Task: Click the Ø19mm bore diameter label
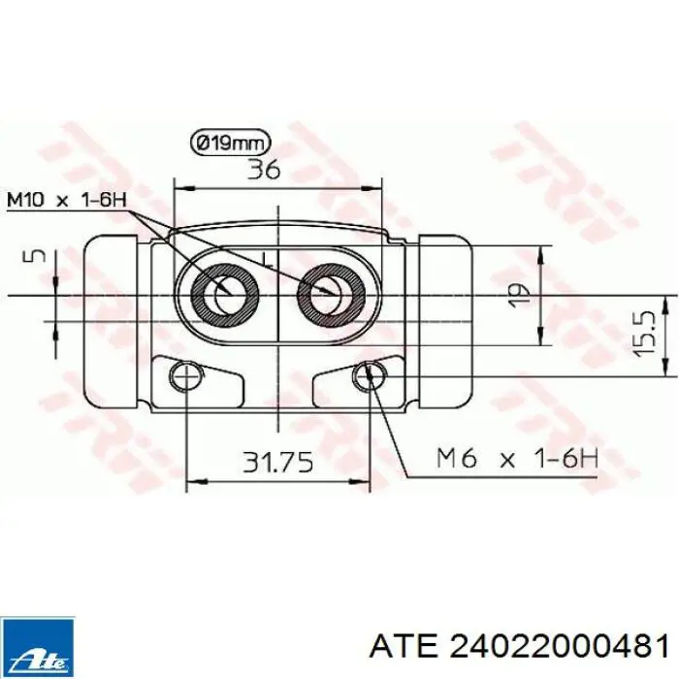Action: tap(231, 143)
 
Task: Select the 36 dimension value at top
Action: tap(264, 170)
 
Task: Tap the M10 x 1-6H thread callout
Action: tap(67, 200)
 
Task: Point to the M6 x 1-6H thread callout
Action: tap(518, 458)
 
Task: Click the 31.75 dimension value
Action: tap(277, 462)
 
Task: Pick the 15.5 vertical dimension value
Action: tap(643, 334)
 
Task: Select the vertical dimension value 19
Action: tap(520, 295)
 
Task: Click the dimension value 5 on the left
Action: tap(37, 255)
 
